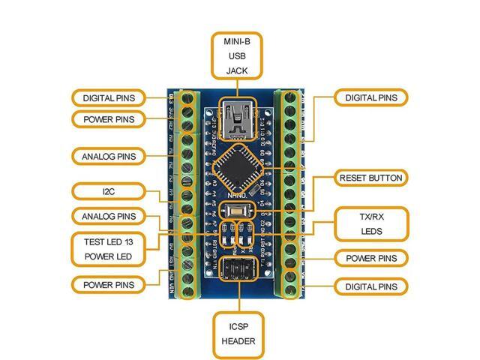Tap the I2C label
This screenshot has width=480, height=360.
[x=108, y=192]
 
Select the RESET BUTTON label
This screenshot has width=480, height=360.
[x=371, y=178]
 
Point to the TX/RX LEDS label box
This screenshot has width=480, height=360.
[x=371, y=223]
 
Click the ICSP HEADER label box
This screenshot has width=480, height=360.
[x=238, y=332]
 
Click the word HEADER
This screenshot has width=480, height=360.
[x=238, y=341]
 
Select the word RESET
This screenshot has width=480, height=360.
[x=355, y=178]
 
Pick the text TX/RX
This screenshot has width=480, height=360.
[x=371, y=215]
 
